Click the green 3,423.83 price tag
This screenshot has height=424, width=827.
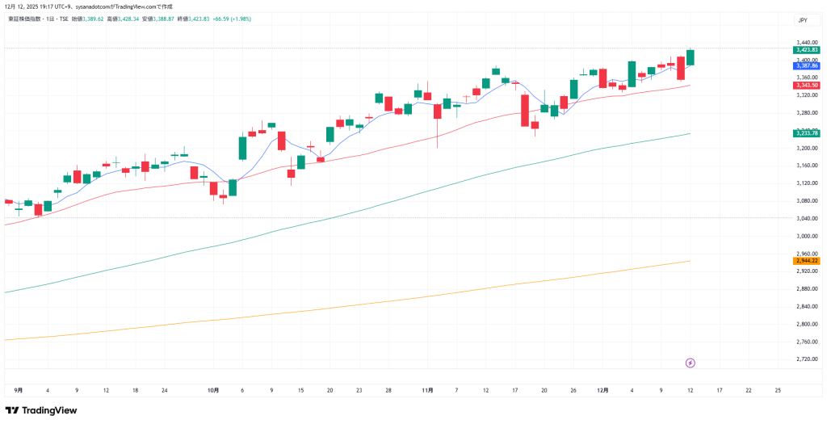click(807, 50)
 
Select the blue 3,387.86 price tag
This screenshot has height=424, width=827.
click(807, 65)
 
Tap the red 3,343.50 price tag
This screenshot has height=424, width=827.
click(807, 85)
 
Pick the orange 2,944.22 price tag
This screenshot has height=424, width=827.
click(807, 261)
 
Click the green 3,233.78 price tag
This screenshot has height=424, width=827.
click(807, 132)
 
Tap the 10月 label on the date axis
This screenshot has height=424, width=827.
click(213, 390)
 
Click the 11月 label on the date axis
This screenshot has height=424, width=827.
click(427, 390)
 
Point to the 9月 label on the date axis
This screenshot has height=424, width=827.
click(19, 390)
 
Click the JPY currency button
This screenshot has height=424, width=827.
click(803, 20)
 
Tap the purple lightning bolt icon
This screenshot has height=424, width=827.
click(691, 363)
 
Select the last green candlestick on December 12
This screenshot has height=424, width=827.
click(691, 57)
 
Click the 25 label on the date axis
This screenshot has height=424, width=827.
click(778, 390)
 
